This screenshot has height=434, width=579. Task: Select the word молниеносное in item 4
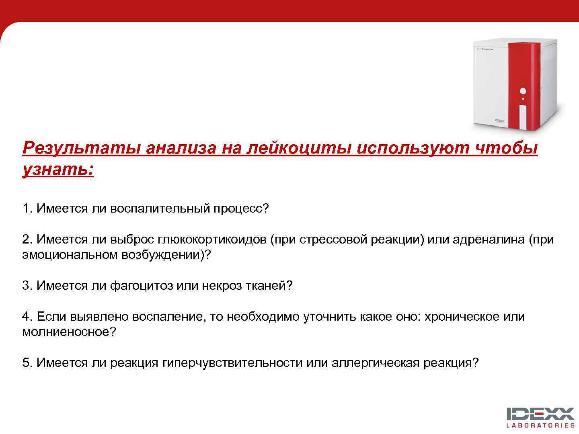click(x=66, y=332)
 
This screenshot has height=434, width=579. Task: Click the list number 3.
click(x=27, y=286)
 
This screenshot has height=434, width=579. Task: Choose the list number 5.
click(x=27, y=363)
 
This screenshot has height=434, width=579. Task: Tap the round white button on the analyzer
click(x=523, y=91)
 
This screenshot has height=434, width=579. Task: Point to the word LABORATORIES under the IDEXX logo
click(x=540, y=425)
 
